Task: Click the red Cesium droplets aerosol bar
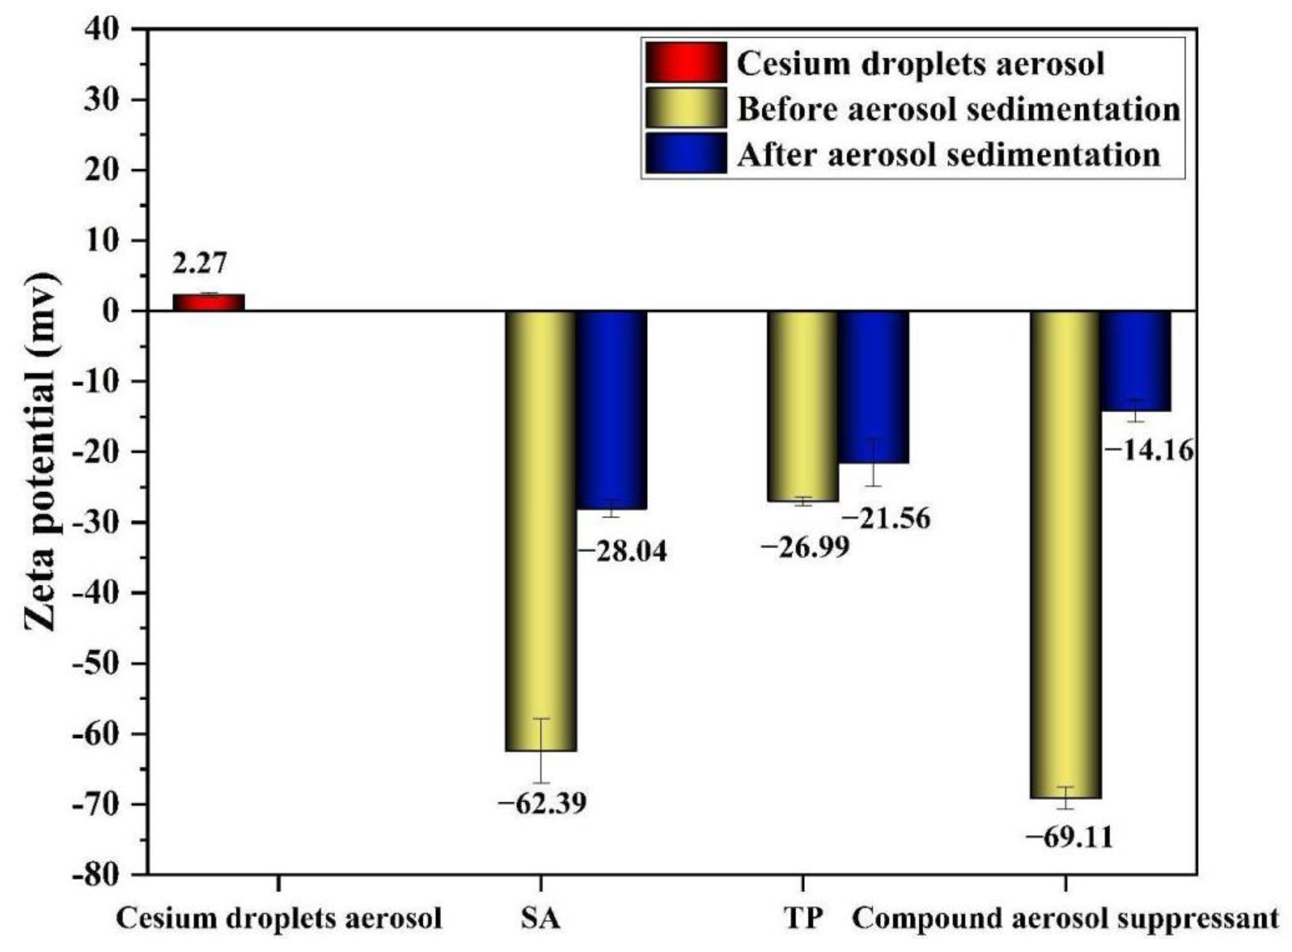pyautogui.click(x=209, y=302)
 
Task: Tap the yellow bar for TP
pyautogui.click(x=803, y=406)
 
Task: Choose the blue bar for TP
pyautogui.click(x=873, y=386)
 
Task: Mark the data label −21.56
pyautogui.click(x=886, y=518)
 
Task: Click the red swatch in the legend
pyautogui.click(x=685, y=62)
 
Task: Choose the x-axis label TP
pyautogui.click(x=803, y=919)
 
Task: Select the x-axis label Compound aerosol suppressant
pyautogui.click(x=1065, y=919)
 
